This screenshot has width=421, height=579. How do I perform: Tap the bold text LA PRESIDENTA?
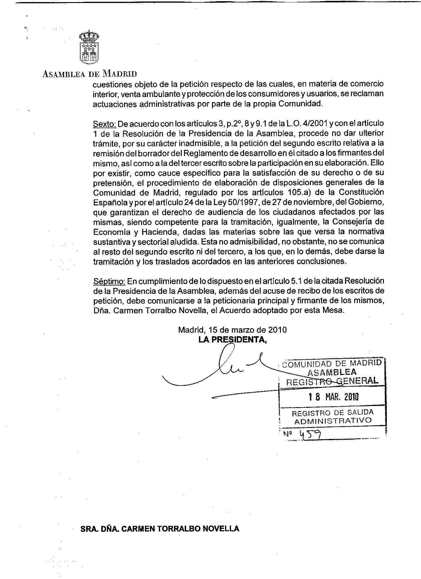coord(232,340)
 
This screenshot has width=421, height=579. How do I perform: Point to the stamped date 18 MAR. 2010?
coord(333,397)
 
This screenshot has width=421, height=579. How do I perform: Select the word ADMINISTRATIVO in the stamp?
coord(333,421)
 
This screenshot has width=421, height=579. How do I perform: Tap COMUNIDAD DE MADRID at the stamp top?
coord(332,363)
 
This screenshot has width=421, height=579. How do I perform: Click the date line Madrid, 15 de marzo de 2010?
coord(232,330)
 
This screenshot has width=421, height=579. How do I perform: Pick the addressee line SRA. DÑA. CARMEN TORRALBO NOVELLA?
coord(160,529)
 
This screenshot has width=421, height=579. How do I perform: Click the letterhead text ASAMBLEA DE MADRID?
coord(90,74)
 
